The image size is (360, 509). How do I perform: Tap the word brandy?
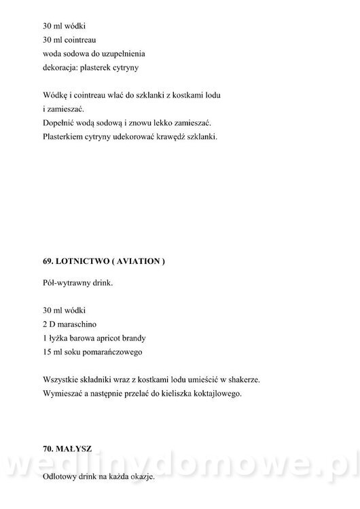point(134,338)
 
